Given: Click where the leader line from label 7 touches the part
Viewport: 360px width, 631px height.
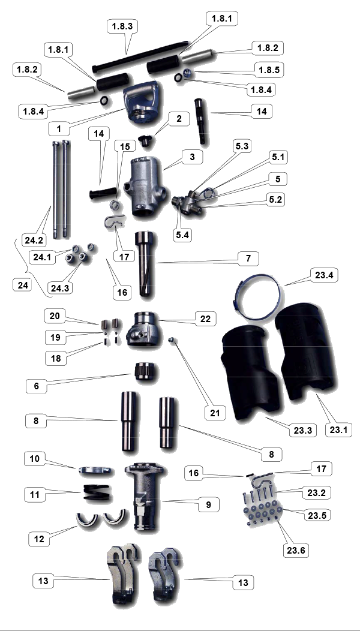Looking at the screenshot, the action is click(156, 263).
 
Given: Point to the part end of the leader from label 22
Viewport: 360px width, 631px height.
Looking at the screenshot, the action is click(158, 321).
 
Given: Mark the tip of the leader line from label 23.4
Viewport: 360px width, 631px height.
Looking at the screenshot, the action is click(285, 285).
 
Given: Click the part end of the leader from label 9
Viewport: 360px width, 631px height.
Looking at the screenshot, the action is click(163, 501).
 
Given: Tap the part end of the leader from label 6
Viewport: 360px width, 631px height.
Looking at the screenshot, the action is click(133, 374).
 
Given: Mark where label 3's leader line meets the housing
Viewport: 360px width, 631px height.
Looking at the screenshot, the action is click(163, 169).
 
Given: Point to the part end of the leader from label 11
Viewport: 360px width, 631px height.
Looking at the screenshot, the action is click(83, 492).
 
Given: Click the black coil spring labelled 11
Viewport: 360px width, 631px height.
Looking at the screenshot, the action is click(96, 492).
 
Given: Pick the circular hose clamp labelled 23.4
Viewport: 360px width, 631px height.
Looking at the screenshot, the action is click(257, 297).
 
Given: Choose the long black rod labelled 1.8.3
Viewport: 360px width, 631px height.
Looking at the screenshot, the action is click(140, 56).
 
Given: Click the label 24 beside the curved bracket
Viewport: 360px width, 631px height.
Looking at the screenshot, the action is click(22, 285).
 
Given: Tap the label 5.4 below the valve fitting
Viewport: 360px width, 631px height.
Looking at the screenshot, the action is click(183, 235).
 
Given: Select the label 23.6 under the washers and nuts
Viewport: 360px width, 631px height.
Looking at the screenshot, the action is click(296, 550).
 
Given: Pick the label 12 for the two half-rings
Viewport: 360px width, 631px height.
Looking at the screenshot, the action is click(39, 539).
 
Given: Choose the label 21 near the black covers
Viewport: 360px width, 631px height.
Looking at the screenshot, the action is click(215, 413).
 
